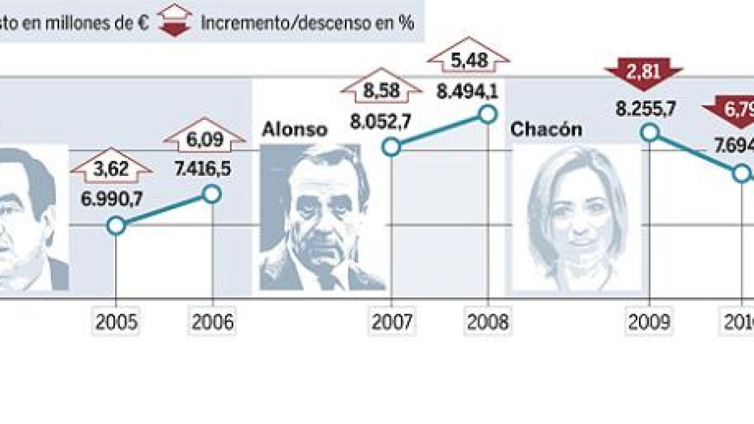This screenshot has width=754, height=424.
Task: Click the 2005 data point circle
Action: pyautogui.click(x=117, y=226)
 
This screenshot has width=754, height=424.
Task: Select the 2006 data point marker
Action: pyautogui.click(x=212, y=195)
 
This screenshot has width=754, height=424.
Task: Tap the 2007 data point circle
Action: pyautogui.click(x=391, y=148)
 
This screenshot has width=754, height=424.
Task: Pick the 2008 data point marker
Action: pyautogui.click(x=487, y=114)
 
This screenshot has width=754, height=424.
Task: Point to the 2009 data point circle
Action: pyautogui.click(x=650, y=133)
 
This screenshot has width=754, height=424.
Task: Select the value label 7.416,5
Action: pyautogui.click(x=207, y=170)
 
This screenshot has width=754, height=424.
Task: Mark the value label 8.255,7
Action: pyautogui.click(x=645, y=108)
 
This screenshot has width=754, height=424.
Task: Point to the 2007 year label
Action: pyautogui.click(x=392, y=322)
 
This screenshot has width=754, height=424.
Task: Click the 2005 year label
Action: pyautogui.click(x=117, y=322)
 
